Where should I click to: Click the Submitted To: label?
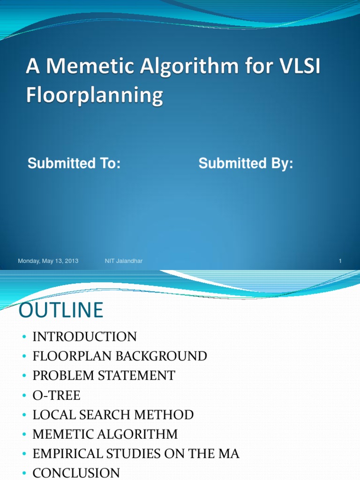(74, 164)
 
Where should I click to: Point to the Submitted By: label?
(246, 164)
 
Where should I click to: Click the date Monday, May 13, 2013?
(48, 261)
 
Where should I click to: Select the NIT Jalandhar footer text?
(124, 261)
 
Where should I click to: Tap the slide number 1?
(340, 261)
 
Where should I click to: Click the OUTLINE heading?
(60, 311)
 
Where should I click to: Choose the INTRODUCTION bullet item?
(84, 337)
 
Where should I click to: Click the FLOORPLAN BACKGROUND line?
(120, 356)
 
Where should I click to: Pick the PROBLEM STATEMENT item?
(104, 375)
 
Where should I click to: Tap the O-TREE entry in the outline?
(56, 395)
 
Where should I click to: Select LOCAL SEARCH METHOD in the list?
(113, 415)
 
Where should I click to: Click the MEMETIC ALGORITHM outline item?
(105, 434)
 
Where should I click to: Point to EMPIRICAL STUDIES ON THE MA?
(136, 454)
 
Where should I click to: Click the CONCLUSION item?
(76, 472)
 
